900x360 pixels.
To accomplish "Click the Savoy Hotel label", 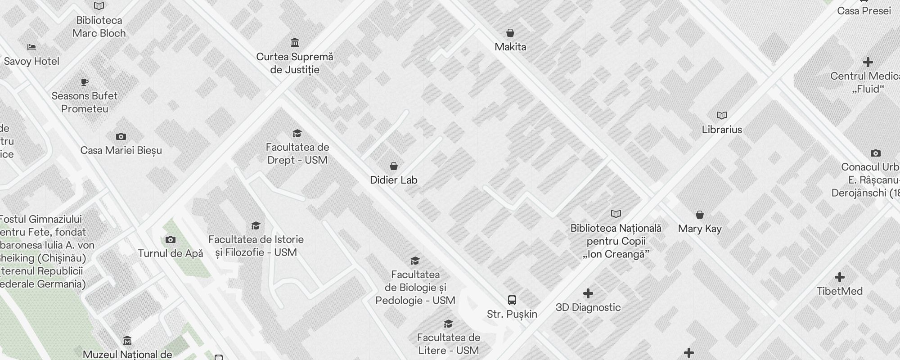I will click(31, 61).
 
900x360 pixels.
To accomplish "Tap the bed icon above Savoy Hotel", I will click(31, 47).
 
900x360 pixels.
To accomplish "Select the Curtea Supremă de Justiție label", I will click(295, 63).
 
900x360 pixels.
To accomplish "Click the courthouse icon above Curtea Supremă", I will click(295, 42).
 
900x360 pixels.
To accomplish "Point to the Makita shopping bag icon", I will click(510, 33).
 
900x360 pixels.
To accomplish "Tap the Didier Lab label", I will click(394, 180).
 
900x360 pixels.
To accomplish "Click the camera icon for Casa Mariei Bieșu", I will click(121, 136).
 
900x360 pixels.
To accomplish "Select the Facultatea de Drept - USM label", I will click(297, 153).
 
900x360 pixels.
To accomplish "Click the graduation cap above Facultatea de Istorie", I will click(256, 225).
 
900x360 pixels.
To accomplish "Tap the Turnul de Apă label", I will click(170, 253).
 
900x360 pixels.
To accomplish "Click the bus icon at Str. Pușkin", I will click(512, 300).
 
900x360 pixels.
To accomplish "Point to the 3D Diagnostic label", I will click(588, 307).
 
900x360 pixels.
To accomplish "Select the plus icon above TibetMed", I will click(839, 277).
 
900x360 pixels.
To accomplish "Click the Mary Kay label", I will click(700, 229).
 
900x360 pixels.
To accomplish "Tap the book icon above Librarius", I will click(722, 116).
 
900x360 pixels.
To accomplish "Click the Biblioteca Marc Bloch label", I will click(99, 27).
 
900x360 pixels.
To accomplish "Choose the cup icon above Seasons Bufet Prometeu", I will click(85, 82).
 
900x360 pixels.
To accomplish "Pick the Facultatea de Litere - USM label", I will click(448, 344).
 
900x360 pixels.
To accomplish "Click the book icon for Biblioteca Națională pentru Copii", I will click(616, 214).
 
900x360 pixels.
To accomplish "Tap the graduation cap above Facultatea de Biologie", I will click(415, 261).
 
